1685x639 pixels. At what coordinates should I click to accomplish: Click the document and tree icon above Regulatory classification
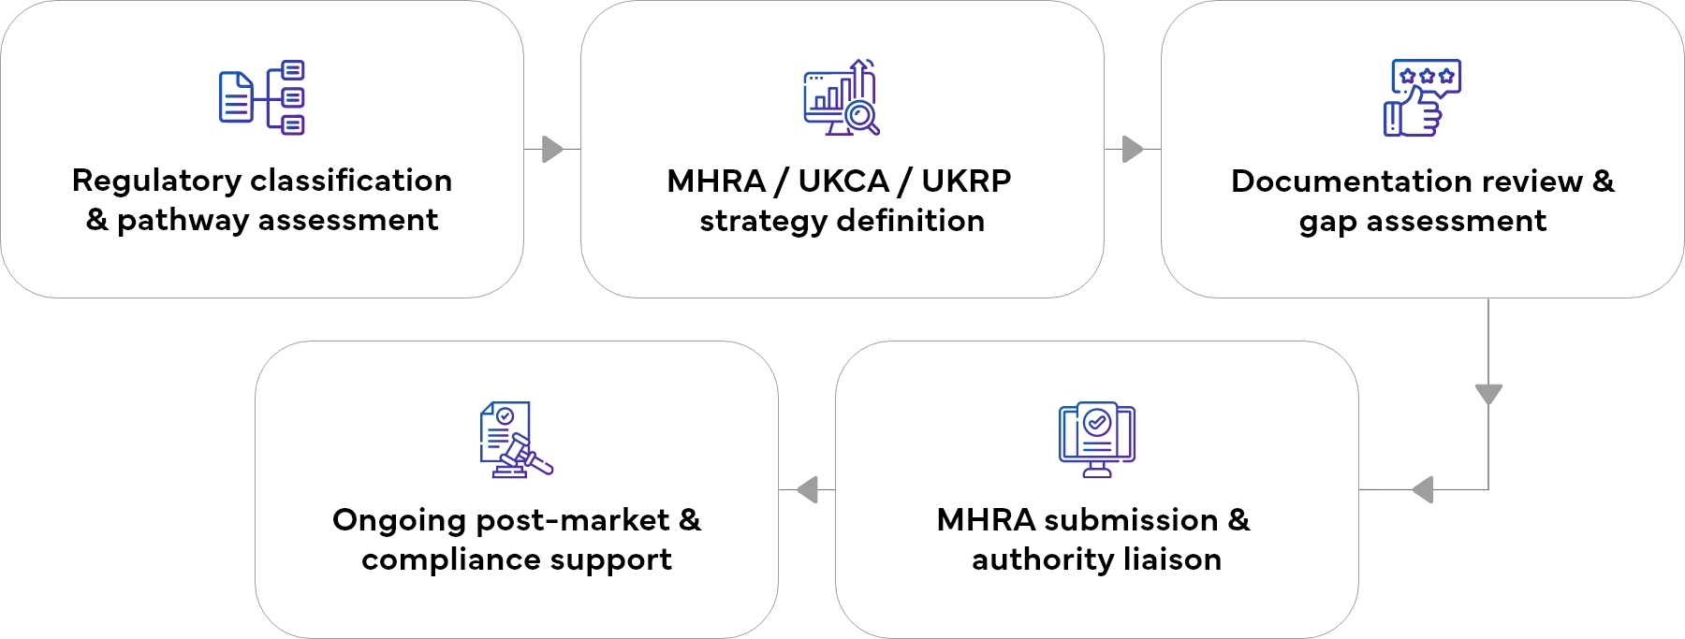(262, 97)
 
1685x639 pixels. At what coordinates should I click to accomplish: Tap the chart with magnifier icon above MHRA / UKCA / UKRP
(842, 97)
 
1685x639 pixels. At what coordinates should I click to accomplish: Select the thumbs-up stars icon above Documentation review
(1422, 98)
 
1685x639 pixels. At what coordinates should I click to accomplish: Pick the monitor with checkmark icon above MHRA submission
(1096, 439)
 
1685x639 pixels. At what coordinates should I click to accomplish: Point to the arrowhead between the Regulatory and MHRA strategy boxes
(552, 149)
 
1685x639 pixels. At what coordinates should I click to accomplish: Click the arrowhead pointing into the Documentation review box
(1133, 149)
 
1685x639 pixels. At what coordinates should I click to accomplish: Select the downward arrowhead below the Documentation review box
(1488, 394)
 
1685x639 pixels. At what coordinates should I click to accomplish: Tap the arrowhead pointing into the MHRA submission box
(1423, 489)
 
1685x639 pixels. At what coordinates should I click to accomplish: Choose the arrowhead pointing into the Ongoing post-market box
(807, 489)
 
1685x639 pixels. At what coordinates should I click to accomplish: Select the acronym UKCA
(842, 181)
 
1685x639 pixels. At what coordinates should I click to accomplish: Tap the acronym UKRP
(966, 181)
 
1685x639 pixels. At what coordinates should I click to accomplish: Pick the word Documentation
(1360, 181)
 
